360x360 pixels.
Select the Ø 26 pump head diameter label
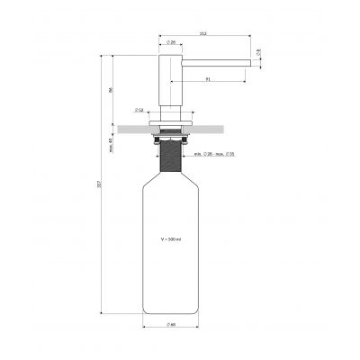(170, 44)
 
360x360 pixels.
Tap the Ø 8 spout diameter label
(258, 52)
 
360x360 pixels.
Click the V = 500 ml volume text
(170, 240)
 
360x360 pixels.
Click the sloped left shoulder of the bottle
(150, 183)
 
